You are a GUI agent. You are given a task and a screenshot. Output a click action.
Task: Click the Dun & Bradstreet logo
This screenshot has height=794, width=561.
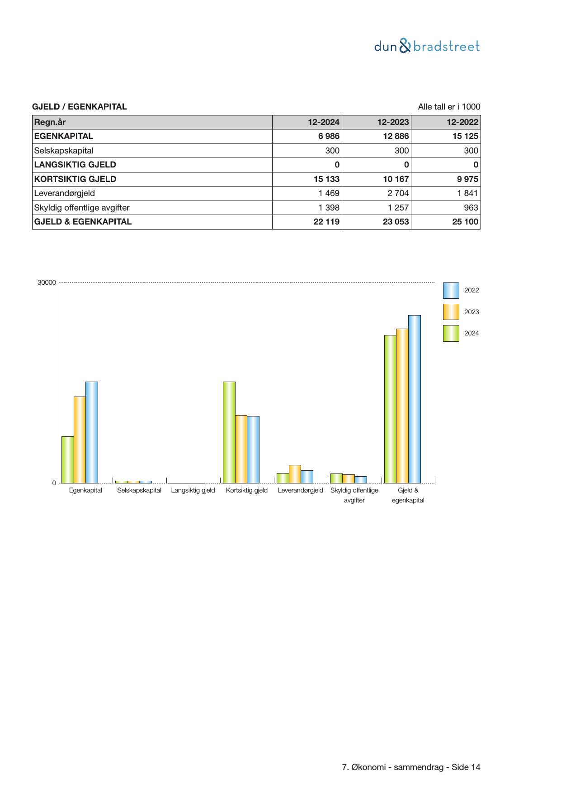(x=427, y=46)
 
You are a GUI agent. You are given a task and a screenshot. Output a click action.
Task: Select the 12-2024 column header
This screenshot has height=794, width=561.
(x=324, y=122)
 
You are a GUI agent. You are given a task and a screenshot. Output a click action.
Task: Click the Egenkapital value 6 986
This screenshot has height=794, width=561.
(x=329, y=136)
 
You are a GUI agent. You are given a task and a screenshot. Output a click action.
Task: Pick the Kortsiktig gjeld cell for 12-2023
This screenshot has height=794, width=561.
(x=396, y=179)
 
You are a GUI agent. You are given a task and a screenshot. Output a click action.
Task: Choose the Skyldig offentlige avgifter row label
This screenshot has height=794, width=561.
(x=82, y=208)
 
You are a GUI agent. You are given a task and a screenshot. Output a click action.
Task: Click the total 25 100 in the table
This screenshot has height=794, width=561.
(x=465, y=222)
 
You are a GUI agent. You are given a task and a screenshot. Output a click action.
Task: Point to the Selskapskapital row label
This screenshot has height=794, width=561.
(x=64, y=151)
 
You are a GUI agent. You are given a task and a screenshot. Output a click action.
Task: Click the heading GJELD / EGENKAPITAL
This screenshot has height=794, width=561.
(x=80, y=107)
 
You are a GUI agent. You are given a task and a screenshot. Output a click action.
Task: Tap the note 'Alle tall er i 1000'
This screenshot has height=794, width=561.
(x=449, y=107)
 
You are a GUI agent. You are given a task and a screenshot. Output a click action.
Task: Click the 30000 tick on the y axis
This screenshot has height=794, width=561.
(x=47, y=282)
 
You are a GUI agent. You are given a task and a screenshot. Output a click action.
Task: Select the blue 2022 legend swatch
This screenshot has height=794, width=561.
(x=451, y=291)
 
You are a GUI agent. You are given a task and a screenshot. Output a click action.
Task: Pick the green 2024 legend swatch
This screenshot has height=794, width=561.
(x=451, y=333)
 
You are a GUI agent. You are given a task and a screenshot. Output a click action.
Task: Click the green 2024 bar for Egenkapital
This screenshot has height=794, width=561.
(x=68, y=459)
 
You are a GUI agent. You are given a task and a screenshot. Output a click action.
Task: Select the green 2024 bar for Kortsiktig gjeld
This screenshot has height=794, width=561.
(x=229, y=432)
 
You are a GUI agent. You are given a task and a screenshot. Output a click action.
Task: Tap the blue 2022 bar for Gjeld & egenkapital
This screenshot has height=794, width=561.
(x=415, y=399)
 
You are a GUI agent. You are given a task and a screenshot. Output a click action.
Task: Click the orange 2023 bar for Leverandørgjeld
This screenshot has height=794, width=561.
(x=295, y=474)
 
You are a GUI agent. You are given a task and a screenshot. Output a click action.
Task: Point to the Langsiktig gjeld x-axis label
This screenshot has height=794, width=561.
(x=193, y=490)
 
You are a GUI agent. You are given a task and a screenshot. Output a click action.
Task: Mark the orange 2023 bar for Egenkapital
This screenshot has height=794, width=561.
(x=80, y=440)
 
